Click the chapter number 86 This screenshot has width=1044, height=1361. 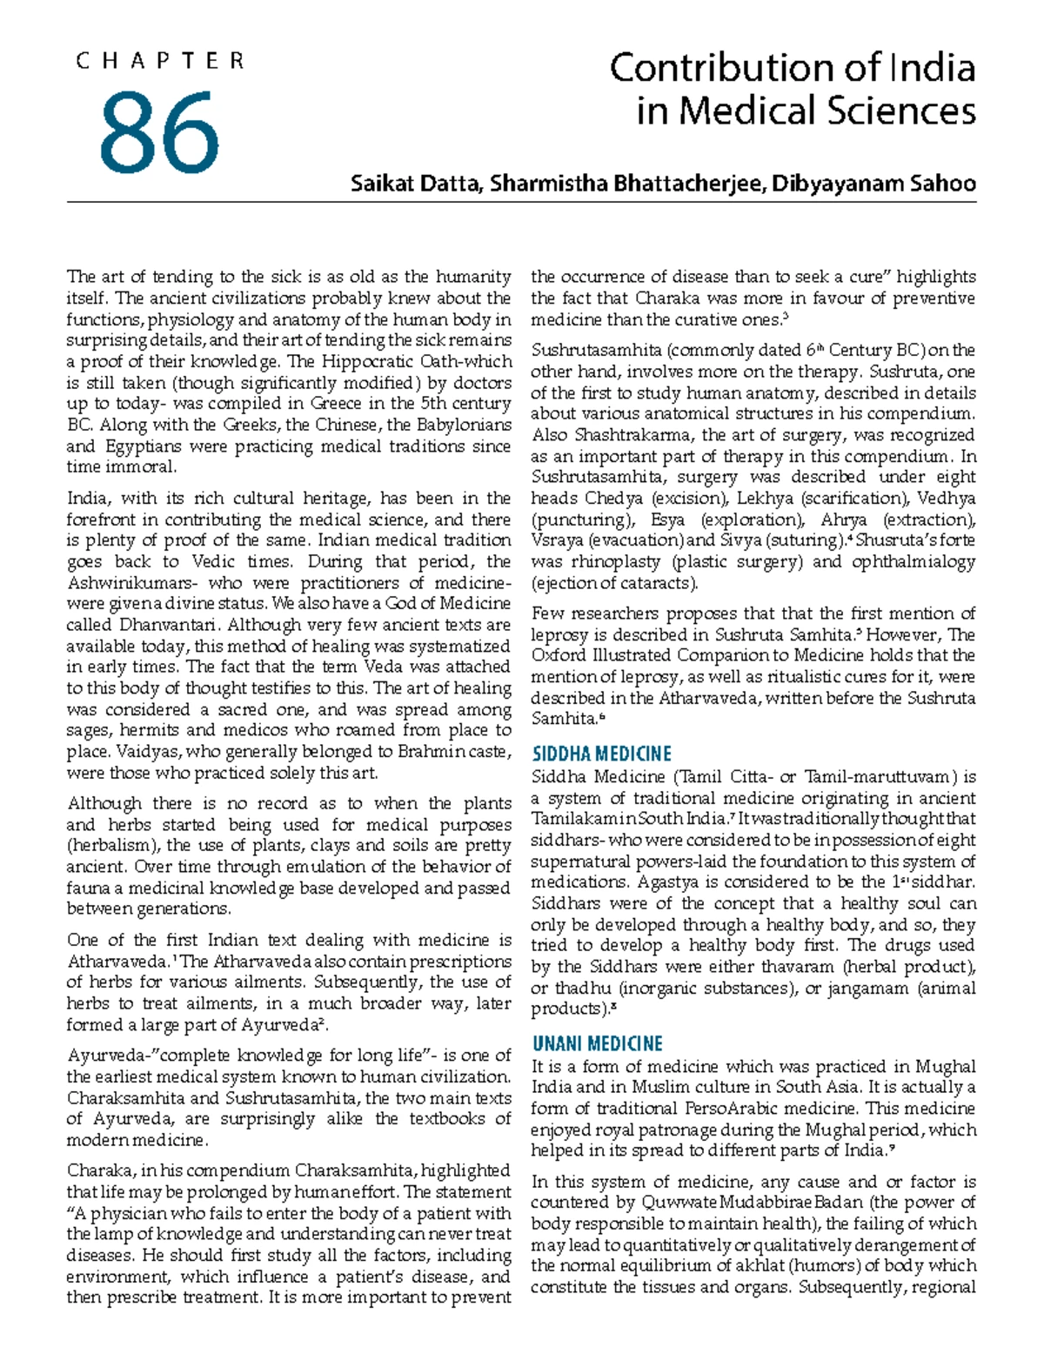pyautogui.click(x=159, y=131)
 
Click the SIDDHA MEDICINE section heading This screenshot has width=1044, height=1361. pyautogui.click(x=601, y=754)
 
